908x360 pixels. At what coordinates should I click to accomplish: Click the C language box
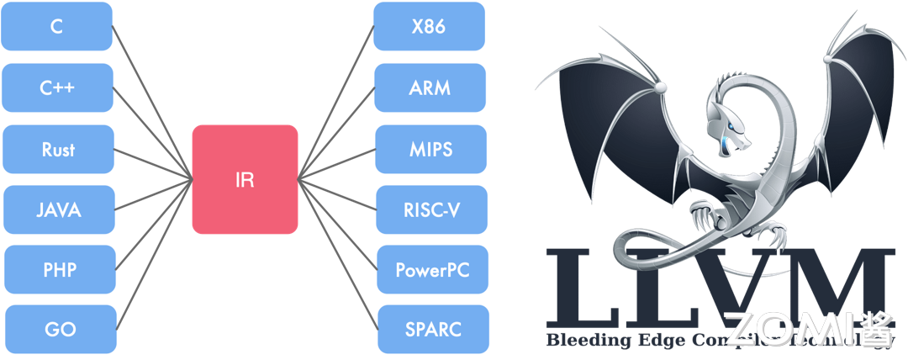pos(57,26)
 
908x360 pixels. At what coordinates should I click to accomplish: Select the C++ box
pos(57,87)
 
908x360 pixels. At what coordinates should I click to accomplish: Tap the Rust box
pos(57,149)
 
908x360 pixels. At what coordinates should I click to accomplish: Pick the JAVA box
pos(58,210)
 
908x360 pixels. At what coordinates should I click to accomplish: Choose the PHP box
pos(59,271)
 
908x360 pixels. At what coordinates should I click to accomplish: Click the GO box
pos(59,330)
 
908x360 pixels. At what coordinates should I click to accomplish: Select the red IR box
pos(245,179)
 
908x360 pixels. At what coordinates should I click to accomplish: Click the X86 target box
pos(429,26)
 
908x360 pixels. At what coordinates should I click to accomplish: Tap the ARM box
pos(430,87)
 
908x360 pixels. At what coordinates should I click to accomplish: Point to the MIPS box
pos(430,149)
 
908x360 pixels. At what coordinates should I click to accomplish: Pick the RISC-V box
pos(431,210)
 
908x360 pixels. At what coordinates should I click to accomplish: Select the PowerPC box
pos(432,271)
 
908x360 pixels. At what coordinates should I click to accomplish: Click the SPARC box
pos(432,330)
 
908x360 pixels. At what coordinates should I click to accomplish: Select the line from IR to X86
pos(336,101)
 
